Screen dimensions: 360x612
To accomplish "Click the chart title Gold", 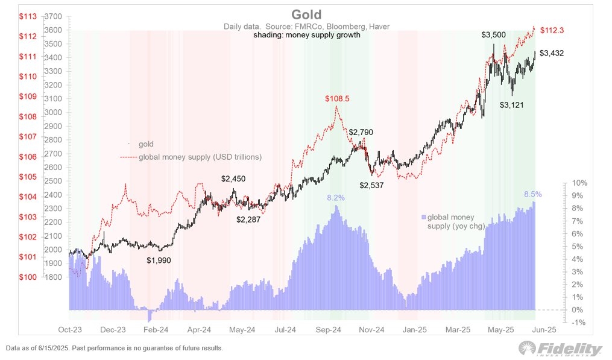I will (x=306, y=14).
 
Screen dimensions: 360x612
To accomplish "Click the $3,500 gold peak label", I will (x=494, y=36).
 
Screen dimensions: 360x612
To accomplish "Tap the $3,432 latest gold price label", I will (x=552, y=54).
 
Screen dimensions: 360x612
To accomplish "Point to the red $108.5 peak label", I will (x=337, y=98).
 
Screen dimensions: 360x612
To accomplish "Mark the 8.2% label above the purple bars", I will (x=336, y=198).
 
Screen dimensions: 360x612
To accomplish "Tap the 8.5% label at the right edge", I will (x=533, y=195).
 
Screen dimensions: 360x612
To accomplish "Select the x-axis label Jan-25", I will (x=415, y=330).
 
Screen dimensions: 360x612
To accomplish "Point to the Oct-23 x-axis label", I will (x=69, y=330).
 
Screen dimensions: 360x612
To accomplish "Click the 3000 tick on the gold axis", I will (x=54, y=112).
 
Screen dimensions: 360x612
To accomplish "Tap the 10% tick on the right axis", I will (x=579, y=183).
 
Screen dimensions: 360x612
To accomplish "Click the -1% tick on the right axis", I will (x=579, y=323).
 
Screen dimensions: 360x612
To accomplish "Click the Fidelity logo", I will (x=560, y=349).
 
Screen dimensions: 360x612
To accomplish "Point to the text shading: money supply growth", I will (x=306, y=35).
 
